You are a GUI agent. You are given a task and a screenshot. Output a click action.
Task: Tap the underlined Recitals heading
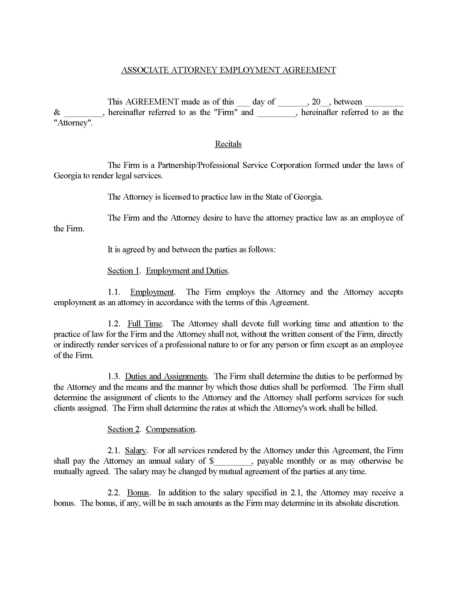coord(228,144)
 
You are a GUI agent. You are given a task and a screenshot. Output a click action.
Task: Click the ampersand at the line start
coord(57,112)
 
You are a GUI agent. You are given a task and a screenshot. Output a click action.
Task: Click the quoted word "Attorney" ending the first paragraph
coord(73,123)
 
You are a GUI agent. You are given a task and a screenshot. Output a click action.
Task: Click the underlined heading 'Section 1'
coord(123,271)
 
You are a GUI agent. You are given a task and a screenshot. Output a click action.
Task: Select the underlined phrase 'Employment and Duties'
coord(187,271)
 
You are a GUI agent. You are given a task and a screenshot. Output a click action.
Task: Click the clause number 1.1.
coord(114,292)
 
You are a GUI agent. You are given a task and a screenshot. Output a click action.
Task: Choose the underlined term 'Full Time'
coord(145,324)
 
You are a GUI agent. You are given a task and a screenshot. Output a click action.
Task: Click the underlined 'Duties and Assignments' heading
coord(166,376)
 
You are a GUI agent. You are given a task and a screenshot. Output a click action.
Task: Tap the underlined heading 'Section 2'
coord(123,429)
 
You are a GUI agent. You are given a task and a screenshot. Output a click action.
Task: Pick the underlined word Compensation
coord(170,429)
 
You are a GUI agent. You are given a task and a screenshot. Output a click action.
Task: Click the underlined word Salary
coord(135,451)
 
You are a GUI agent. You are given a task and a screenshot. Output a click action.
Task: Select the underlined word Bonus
coord(138,492)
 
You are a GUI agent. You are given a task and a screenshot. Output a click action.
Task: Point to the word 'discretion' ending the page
coord(381,503)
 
